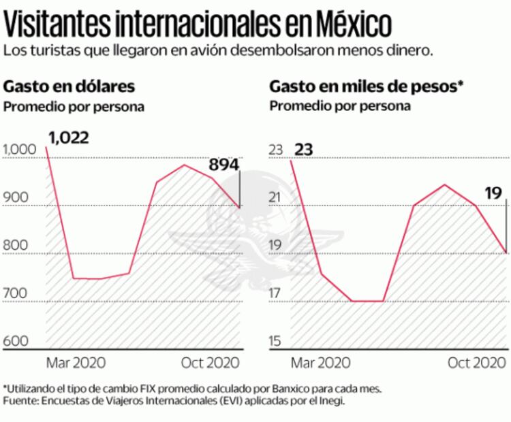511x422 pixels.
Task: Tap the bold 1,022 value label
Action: (x=69, y=137)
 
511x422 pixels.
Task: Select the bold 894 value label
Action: (x=223, y=165)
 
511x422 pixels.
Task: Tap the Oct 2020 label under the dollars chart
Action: (x=212, y=361)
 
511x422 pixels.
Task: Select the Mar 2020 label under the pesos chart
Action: (x=322, y=361)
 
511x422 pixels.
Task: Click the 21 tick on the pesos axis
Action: (x=275, y=198)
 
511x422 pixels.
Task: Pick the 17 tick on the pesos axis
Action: (x=275, y=293)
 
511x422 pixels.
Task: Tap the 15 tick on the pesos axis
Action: (x=275, y=341)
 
